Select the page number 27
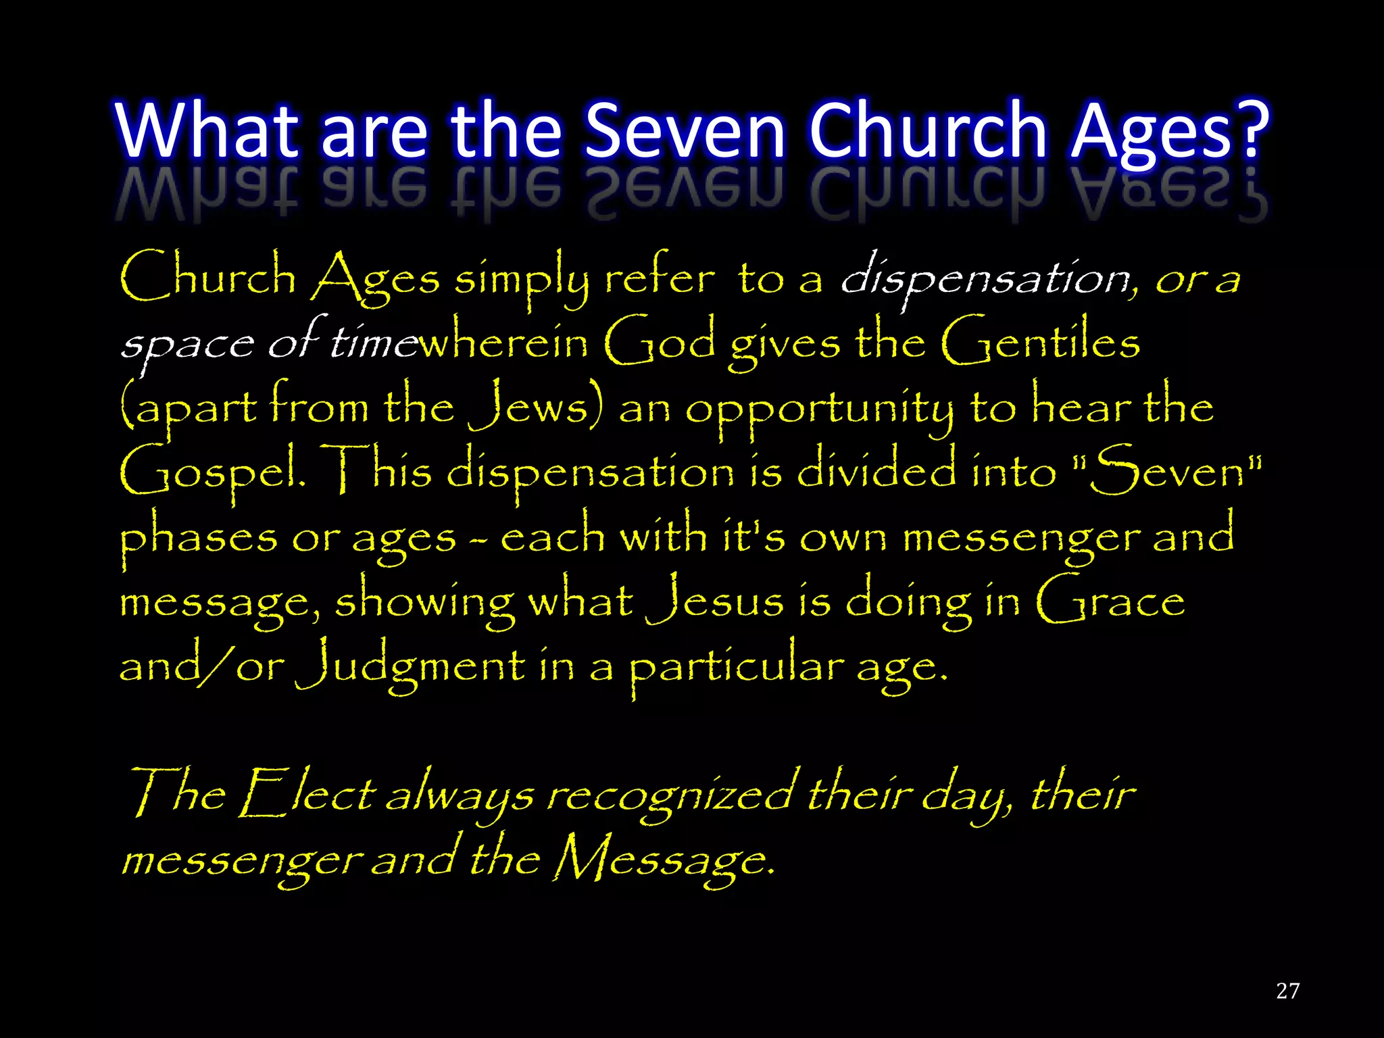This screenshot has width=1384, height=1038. (x=1287, y=991)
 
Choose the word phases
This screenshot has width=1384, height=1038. (x=199, y=537)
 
